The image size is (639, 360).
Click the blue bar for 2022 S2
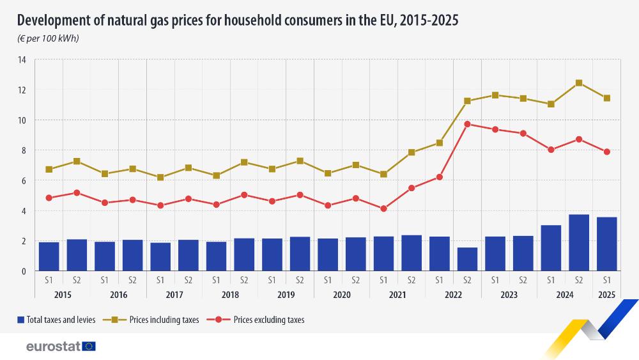tap(467, 259)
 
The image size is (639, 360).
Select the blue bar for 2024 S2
tap(579, 242)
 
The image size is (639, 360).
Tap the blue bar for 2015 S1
tap(49, 256)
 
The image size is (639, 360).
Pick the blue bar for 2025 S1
tap(606, 244)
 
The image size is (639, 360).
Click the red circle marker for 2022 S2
tap(467, 124)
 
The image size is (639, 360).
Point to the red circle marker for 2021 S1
tap(383, 208)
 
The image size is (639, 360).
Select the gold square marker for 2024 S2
tap(579, 83)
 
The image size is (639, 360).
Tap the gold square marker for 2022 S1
tap(439, 143)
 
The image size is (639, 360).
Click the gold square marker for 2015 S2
tap(77, 161)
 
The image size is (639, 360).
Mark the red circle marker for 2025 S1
tap(606, 152)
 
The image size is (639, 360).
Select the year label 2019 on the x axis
tap(286, 295)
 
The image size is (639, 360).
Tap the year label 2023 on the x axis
tap(509, 295)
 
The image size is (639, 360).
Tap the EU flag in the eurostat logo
tap(89, 347)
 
